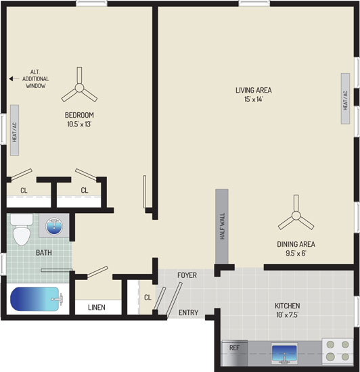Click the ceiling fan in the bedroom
(x=79, y=88)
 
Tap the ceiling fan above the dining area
(x=296, y=215)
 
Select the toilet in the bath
(x=22, y=230)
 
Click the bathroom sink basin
(x=54, y=226)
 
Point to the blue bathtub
(x=35, y=299)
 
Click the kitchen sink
(x=284, y=353)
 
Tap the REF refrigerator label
(x=234, y=348)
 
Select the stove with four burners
(x=338, y=350)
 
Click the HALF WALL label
(x=223, y=226)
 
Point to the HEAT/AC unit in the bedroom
(x=14, y=131)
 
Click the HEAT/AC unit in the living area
(x=345, y=99)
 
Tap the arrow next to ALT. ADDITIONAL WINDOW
(x=14, y=78)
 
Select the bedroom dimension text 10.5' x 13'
(x=79, y=124)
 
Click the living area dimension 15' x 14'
(x=254, y=99)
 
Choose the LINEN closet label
(x=97, y=308)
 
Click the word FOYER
(x=187, y=275)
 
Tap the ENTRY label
(x=188, y=312)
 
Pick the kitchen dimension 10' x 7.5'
(x=287, y=315)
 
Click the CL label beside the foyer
(x=148, y=298)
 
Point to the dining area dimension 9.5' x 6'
(x=296, y=254)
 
